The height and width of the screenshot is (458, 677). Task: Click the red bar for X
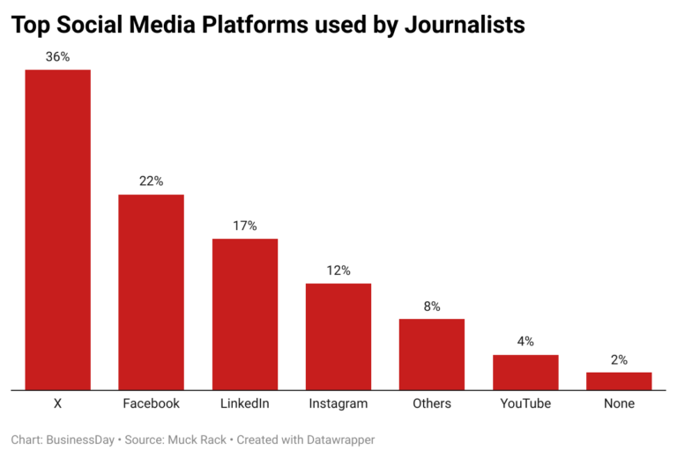point(57,229)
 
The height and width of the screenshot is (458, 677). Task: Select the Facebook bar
point(151,292)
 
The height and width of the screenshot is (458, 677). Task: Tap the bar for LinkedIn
point(244,314)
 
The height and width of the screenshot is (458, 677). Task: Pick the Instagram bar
point(338,336)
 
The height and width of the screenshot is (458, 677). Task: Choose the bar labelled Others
point(432,353)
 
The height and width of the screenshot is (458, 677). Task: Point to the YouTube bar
point(525,372)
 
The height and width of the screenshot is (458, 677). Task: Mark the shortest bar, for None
point(619,380)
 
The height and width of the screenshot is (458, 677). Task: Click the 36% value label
point(57,56)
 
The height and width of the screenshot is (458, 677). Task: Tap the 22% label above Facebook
point(151,181)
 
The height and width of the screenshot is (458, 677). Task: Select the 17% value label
point(244,225)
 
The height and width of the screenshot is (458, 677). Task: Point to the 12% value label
point(338,270)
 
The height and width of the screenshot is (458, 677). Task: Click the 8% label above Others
point(432,307)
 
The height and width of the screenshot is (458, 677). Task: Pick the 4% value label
point(525,342)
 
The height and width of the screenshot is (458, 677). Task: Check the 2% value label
point(619,359)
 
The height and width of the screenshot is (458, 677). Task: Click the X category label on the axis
point(57,403)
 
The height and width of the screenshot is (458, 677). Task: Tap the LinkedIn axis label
point(244,403)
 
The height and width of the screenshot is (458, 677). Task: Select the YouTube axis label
point(525,403)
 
